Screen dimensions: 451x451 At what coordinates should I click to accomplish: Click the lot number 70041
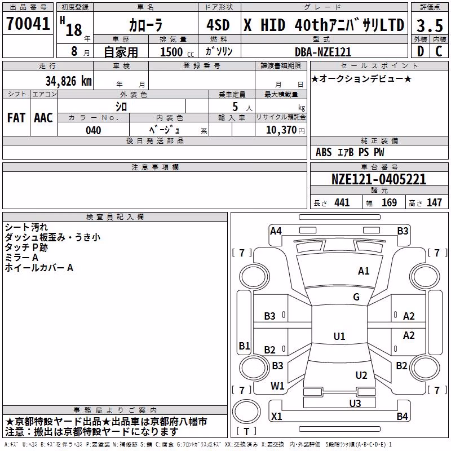coord(28,24)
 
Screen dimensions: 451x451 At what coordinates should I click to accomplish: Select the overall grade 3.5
coord(430,25)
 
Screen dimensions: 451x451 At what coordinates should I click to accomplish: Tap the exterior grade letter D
coord(421,51)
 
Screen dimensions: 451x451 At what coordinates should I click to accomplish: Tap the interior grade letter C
coord(439,51)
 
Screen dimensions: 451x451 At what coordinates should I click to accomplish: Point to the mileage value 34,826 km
coord(68,81)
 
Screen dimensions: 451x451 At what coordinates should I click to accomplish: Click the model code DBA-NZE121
coord(323,52)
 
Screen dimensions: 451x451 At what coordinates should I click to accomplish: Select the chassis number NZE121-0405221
coord(379,179)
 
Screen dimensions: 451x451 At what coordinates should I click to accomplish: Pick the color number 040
coord(94,130)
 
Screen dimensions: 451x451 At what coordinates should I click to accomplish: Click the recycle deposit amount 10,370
coord(281,130)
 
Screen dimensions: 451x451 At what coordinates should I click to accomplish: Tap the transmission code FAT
coord(16,118)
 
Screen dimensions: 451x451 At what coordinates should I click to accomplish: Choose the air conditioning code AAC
coord(43,118)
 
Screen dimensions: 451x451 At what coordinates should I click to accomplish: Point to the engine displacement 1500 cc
coord(176,52)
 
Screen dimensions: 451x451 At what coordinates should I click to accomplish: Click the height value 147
coord(434,202)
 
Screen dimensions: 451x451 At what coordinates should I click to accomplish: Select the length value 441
coord(342,202)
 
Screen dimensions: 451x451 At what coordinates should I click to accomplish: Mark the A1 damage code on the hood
coord(364,271)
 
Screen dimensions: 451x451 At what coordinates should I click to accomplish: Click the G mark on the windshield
coord(356,297)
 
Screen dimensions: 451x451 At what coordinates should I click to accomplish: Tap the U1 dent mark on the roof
coord(339,336)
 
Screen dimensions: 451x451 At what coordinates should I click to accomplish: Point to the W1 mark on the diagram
coord(277,386)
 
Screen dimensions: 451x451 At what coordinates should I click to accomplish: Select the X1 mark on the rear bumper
coord(277,416)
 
